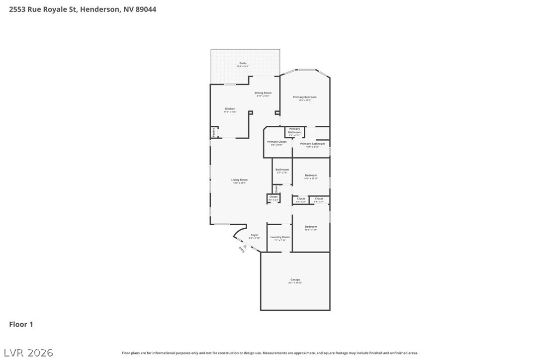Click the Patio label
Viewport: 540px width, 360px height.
tap(243, 64)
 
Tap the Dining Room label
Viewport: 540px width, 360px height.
tap(263, 93)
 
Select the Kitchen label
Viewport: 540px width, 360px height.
tap(230, 109)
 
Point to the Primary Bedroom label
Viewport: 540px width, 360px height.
tap(304, 97)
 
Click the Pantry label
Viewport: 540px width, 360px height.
tap(213, 132)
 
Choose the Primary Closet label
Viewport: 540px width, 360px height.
tap(276, 142)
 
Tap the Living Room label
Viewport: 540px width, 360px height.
tap(239, 180)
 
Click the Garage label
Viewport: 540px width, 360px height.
tap(295, 280)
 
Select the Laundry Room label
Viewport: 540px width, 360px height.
tap(280, 237)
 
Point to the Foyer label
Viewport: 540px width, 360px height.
tap(254, 235)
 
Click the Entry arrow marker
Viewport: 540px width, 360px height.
tap(245, 246)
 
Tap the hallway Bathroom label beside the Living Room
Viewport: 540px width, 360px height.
tap(282, 170)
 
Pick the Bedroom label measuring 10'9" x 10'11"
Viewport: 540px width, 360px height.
tap(311, 176)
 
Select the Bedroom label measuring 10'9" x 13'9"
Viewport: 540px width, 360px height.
tap(311, 227)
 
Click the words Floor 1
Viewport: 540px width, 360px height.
tap(21, 325)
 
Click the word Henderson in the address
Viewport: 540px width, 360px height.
tap(98, 9)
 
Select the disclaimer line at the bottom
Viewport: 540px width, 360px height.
tap(270, 353)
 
